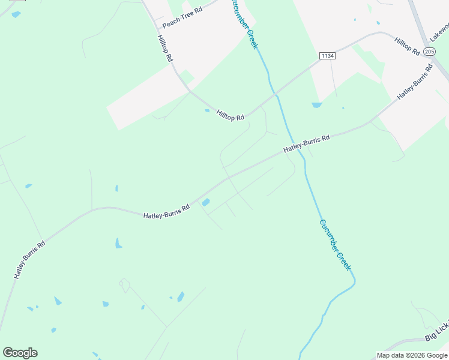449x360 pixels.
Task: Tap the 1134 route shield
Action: pyautogui.click(x=327, y=55)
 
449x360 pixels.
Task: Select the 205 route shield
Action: pyautogui.click(x=429, y=52)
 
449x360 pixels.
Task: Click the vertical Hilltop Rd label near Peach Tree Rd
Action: pyautogui.click(x=165, y=49)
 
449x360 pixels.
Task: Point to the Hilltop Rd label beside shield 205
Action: pyautogui.click(x=407, y=46)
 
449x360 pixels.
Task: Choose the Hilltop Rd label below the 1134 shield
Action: pyautogui.click(x=231, y=114)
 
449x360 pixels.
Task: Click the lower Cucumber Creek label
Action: pyautogui.click(x=335, y=245)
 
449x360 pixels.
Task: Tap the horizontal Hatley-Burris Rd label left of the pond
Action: pyautogui.click(x=166, y=211)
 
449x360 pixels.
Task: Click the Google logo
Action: pyautogui.click(x=20, y=353)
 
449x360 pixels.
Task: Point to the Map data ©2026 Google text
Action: pyautogui.click(x=412, y=355)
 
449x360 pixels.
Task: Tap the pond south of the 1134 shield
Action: pyautogui.click(x=317, y=105)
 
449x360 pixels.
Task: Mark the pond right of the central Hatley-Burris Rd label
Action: pyautogui.click(x=206, y=202)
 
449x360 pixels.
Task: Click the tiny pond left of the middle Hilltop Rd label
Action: pyautogui.click(x=207, y=110)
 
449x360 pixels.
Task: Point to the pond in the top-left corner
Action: pyautogui.click(x=16, y=14)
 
